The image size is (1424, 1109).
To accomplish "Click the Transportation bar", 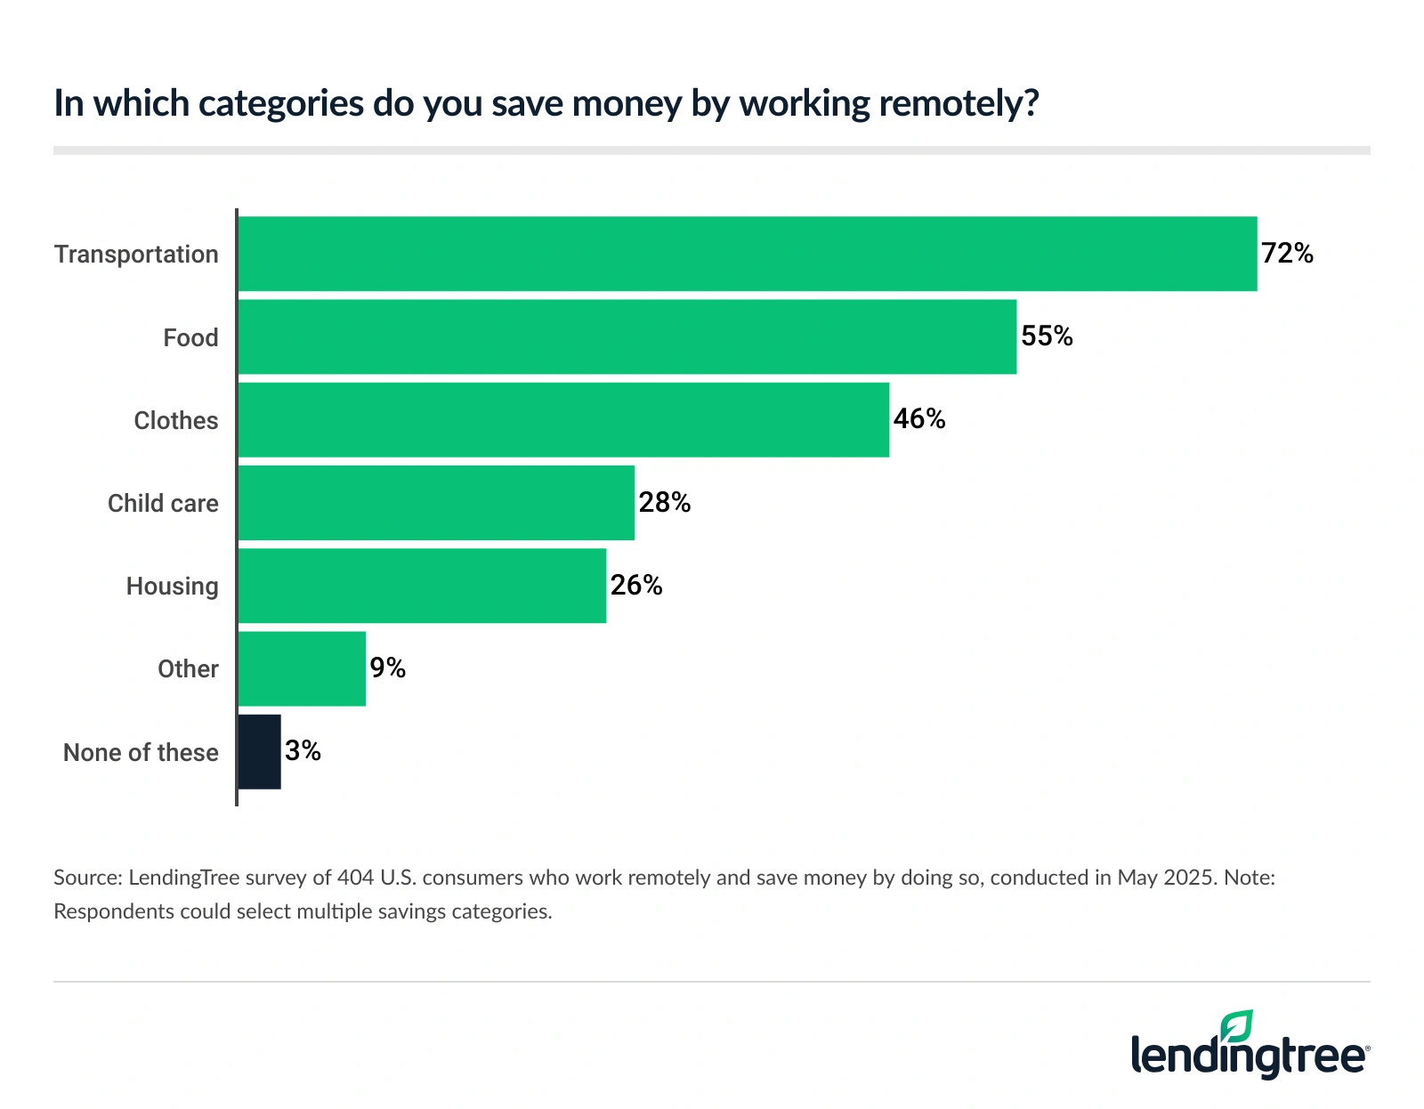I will point(748,254).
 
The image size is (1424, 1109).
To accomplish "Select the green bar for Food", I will point(627,336).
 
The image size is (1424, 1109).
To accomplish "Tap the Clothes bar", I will point(563,420).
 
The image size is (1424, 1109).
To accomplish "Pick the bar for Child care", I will point(436,503).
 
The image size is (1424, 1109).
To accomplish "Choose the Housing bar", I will point(422,586).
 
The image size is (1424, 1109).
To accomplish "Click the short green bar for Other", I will point(302,668).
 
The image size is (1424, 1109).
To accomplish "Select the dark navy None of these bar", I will point(260,751).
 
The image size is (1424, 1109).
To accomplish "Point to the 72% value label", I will point(1287,254).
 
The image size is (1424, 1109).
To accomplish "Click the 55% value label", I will point(1047,336).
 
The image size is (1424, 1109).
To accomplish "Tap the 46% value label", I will point(919,419).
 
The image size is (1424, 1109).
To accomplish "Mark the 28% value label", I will point(665,503).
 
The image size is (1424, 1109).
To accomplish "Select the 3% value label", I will point(303,751).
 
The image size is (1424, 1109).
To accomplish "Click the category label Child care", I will point(163,504).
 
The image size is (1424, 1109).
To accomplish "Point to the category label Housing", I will point(172,587).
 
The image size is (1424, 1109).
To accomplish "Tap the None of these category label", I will point(141,753).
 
